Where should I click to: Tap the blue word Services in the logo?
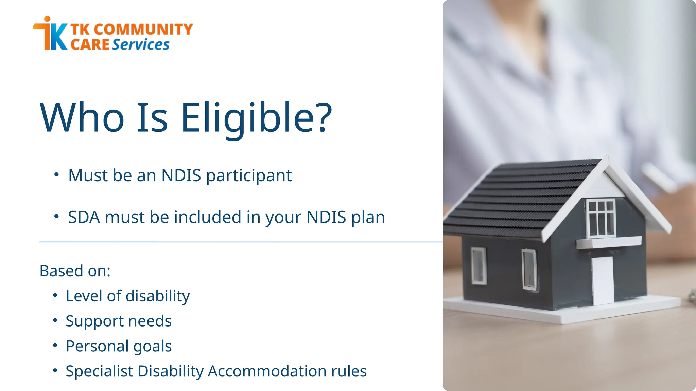140,45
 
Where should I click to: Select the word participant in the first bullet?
249,176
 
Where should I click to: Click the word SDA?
84,217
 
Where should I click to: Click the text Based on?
75,271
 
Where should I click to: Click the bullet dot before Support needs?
55,320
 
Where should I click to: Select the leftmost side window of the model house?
478,266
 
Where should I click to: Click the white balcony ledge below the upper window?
608,242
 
